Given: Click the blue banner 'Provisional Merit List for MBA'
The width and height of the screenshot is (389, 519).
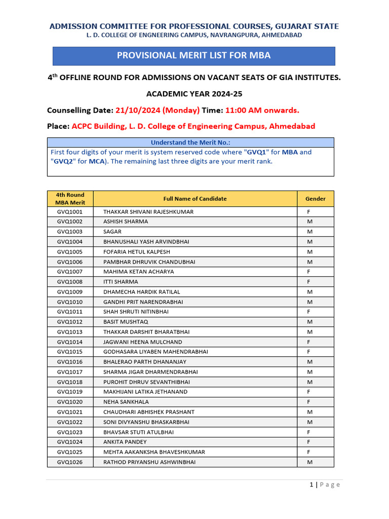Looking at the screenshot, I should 194,56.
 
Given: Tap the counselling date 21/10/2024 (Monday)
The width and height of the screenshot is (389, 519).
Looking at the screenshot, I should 158,110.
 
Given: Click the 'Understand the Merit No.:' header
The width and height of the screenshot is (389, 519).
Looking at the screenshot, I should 190,142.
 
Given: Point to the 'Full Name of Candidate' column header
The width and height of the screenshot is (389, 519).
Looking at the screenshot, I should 195,199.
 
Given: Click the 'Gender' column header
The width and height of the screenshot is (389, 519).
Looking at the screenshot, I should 315,199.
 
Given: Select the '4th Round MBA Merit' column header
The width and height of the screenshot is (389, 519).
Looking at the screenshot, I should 70,199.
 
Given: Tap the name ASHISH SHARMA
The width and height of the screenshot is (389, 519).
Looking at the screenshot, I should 126,221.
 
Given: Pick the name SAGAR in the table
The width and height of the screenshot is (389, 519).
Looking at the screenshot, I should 112,232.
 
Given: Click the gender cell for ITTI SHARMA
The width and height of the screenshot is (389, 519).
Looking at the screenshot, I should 308,282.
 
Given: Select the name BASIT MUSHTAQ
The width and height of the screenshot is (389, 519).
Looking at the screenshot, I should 126,322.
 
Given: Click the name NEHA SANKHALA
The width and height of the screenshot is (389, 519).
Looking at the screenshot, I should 126,402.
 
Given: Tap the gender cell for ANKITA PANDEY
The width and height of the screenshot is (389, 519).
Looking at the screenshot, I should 308,442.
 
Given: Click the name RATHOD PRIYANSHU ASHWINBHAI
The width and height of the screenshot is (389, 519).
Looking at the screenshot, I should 149,462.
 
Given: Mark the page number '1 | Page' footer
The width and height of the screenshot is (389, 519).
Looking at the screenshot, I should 325,485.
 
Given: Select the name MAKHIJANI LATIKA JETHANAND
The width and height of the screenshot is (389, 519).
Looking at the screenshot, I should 145,392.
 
